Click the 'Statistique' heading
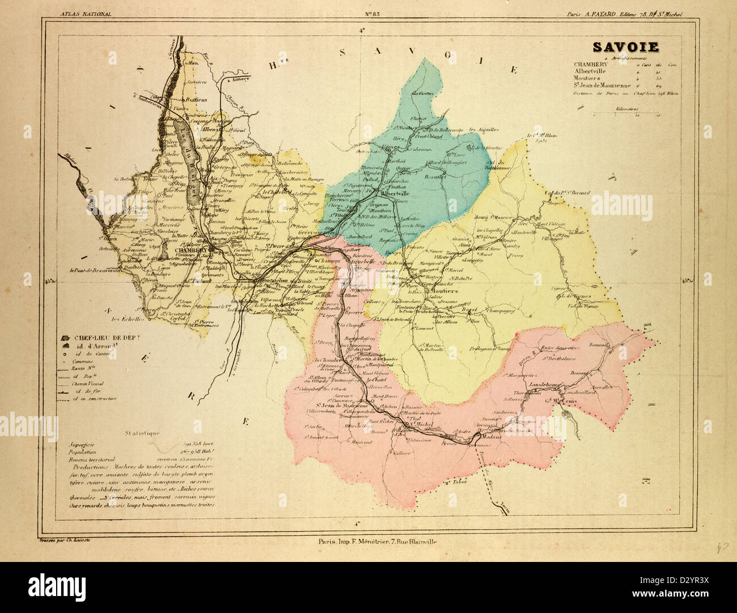[x=131, y=433]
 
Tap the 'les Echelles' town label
[x=120, y=318]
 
